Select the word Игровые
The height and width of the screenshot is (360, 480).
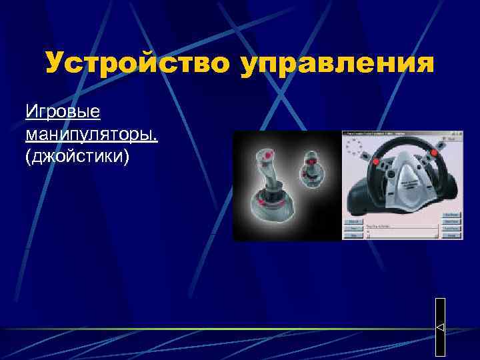(x=63, y=109)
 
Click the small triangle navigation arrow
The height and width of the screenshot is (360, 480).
(x=440, y=327)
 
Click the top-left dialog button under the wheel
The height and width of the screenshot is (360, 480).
(x=353, y=221)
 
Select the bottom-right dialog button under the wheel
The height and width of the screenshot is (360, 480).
(x=452, y=235)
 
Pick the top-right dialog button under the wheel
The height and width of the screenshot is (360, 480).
(x=452, y=216)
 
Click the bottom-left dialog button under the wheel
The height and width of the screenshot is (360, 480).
(x=353, y=235)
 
